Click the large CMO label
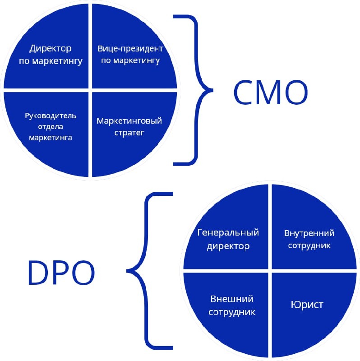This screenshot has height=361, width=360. click(x=270, y=92)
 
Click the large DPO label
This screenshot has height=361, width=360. click(x=61, y=272)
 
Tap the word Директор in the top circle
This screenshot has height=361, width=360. click(x=51, y=48)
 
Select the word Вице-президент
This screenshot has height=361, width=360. click(x=130, y=48)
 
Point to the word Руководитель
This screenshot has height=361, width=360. click(x=51, y=115)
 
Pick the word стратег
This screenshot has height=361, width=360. click(x=129, y=133)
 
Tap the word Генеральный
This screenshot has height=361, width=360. click(x=228, y=233)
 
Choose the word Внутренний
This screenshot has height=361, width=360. click(x=309, y=233)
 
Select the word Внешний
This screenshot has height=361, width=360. click(x=232, y=299)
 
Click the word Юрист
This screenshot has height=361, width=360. click(x=306, y=305)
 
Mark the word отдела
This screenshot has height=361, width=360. click(x=51, y=126)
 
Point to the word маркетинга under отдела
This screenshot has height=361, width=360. click(x=51, y=138)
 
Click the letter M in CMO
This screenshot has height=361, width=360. click(x=270, y=92)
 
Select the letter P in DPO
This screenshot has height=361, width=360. click(x=61, y=272)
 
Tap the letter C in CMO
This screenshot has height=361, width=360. click(x=244, y=92)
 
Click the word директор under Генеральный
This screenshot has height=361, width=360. click(x=228, y=246)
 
